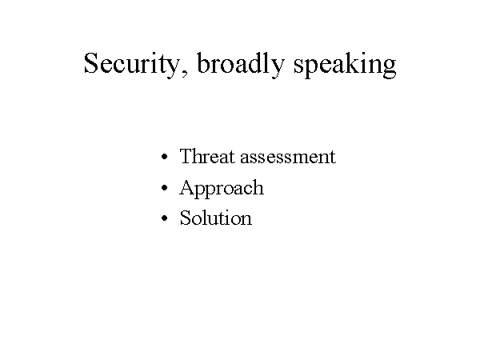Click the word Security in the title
[x=132, y=65]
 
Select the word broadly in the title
[x=241, y=65]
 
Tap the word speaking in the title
[x=345, y=65]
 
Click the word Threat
[x=207, y=156]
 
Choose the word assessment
[x=288, y=158]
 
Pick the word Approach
[x=222, y=189]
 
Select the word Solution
[x=216, y=218]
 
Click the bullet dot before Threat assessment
[x=164, y=157]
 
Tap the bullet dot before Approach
[x=164, y=187]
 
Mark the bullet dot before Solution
[x=164, y=218]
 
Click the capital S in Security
[x=92, y=62]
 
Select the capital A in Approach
[x=187, y=187]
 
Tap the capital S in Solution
[x=185, y=218]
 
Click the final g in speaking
[x=389, y=68]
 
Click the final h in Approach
[x=258, y=186]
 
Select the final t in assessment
[x=333, y=158]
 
